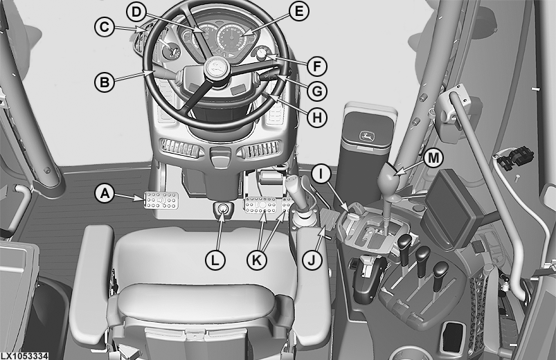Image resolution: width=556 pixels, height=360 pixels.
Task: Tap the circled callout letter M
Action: (433, 158)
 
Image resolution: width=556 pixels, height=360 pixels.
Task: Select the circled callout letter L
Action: (215, 261)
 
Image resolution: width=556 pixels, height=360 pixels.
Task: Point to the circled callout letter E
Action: (299, 11)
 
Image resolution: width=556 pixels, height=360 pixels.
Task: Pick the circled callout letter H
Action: (316, 117)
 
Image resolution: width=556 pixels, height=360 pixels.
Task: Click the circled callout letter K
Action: (256, 260)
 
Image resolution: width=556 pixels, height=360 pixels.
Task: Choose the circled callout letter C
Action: (105, 27)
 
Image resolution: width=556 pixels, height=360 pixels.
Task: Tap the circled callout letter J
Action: (312, 261)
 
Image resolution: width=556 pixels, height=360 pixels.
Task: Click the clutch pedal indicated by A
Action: (161, 200)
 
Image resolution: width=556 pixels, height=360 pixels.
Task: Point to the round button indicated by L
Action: (223, 209)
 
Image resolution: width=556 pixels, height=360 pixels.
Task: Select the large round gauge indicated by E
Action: (232, 38)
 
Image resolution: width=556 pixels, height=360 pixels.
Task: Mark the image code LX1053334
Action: (24, 356)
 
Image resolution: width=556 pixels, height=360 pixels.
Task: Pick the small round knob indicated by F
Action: (262, 54)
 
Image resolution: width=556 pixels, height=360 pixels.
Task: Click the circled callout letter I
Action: (321, 174)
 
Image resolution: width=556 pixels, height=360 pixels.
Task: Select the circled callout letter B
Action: (105, 82)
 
